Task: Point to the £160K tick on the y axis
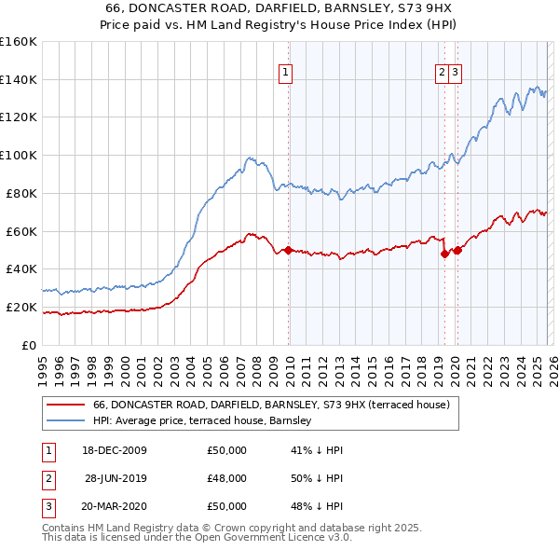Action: click(19, 42)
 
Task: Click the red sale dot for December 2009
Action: click(289, 250)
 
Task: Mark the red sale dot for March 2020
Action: click(457, 250)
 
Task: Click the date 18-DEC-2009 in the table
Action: click(116, 450)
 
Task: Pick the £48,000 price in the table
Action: click(227, 478)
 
